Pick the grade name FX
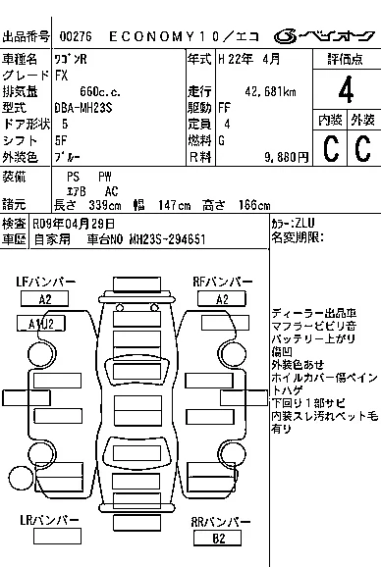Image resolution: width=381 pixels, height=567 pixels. pyautogui.click(x=63, y=76)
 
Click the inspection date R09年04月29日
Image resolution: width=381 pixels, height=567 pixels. pyautogui.click(x=78, y=223)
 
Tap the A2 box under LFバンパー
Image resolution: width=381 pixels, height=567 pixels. pyautogui.click(x=45, y=299)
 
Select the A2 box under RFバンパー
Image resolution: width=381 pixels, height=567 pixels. pyautogui.click(x=221, y=299)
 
